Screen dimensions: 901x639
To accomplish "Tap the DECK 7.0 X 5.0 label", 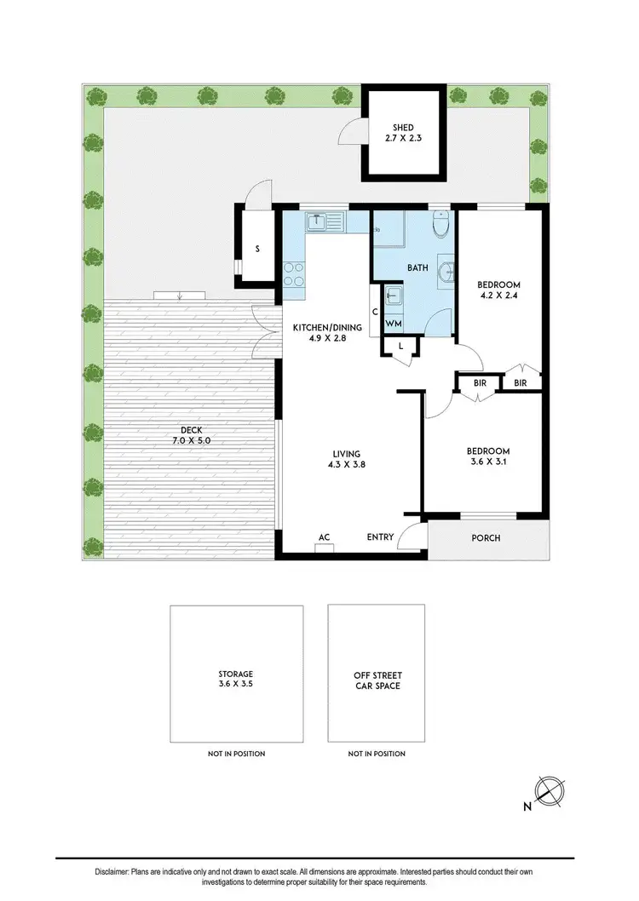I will coord(189,435).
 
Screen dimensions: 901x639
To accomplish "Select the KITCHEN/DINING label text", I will coord(328,328).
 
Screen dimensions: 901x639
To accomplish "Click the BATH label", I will coord(417,267).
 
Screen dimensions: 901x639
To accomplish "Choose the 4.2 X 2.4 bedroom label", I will coord(498,291).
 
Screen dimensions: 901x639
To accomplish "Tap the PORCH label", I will coord(486,538).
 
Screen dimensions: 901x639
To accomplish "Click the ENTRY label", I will coord(380,537).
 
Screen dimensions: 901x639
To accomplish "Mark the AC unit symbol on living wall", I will coord(324,548).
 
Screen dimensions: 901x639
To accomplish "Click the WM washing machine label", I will coord(393,324).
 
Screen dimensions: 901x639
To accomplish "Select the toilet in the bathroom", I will coord(440,226).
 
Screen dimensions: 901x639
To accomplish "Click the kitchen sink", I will coord(317,221).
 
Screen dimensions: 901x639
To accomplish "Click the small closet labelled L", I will coord(400,347).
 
